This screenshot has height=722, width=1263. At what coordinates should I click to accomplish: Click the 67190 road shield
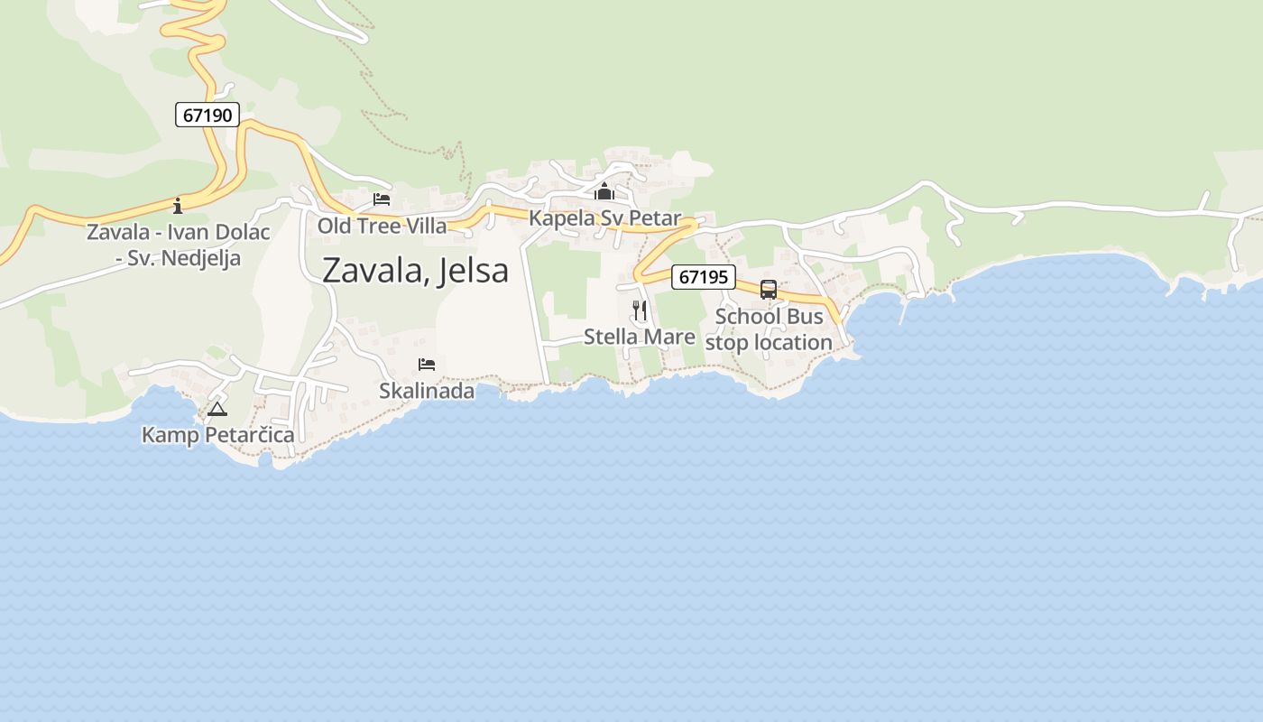click(207, 115)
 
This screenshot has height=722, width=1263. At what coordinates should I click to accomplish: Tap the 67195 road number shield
click(703, 277)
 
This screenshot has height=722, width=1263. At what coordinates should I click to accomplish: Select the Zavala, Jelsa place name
click(415, 270)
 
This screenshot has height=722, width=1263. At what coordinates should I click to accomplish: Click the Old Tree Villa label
click(382, 225)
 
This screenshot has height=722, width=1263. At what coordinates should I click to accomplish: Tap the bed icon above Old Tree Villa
click(382, 199)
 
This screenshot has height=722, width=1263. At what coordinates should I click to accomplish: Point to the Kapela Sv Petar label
click(604, 218)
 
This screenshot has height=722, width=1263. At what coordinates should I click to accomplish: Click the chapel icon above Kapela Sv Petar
click(604, 192)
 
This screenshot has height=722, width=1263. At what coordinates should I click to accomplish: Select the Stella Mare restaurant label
click(640, 337)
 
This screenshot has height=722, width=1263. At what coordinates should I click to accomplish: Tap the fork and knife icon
click(640, 310)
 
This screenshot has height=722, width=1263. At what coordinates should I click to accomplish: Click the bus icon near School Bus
click(769, 290)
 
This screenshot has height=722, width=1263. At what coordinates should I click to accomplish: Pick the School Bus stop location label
click(769, 329)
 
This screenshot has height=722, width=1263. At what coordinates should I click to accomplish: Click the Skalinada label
click(427, 391)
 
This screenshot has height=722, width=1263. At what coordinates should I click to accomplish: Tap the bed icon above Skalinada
click(427, 365)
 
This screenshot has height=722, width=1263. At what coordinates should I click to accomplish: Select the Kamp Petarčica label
click(217, 435)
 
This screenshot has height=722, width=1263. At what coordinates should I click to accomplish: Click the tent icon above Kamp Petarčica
click(217, 410)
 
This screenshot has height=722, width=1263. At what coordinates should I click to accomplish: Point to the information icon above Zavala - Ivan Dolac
click(178, 206)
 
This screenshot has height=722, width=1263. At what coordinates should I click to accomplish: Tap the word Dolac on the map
click(239, 232)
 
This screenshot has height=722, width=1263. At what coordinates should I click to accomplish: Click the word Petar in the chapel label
click(655, 218)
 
